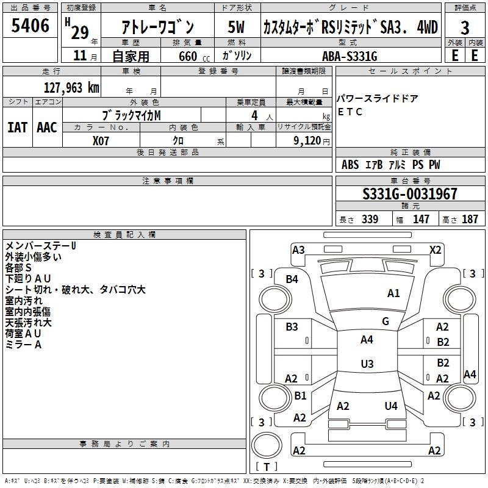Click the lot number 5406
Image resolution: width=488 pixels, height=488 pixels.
[30, 26]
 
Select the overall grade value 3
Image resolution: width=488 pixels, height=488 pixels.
[465, 28]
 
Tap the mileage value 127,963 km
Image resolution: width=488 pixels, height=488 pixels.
[71, 87]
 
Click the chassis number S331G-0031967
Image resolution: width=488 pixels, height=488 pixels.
[409, 194]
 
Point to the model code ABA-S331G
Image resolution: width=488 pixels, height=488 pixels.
[350, 56]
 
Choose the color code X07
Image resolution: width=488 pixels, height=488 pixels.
[101, 140]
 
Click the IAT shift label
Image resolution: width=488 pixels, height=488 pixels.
[18, 127]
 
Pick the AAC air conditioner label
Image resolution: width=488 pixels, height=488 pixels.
[46, 127]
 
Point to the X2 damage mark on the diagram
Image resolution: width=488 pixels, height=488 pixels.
[435, 249]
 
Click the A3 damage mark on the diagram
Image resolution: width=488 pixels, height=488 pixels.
[298, 249]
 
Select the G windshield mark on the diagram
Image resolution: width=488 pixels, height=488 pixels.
[386, 321]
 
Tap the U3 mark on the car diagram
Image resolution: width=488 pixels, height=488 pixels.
[367, 364]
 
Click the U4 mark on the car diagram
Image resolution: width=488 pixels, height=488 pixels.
[391, 406]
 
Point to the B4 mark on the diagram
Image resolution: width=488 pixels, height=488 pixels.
[292, 279]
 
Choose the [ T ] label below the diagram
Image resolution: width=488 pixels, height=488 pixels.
[266, 467]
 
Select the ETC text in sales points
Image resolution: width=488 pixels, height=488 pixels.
[350, 112]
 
